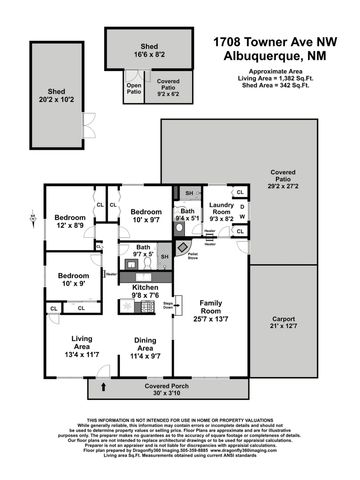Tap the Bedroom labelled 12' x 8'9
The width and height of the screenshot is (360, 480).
pos(71,222)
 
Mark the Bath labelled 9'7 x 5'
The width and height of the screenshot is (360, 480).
pos(144,251)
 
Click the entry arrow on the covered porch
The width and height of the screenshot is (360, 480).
pos(102,386)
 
